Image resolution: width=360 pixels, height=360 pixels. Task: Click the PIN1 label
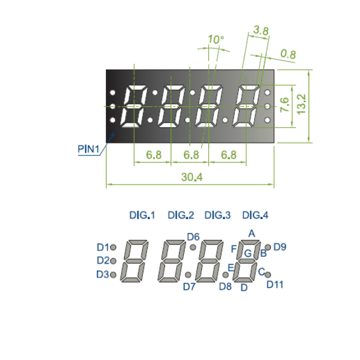coord(88,149)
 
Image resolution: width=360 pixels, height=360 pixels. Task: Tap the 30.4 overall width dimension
coord(192,177)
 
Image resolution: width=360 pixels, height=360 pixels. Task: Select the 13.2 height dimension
coord(301,104)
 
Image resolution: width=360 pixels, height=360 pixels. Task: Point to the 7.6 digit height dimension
coord(284,105)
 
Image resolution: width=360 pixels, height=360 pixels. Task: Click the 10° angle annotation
coord(215,39)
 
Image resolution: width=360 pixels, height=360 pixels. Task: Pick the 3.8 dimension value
coord(261,30)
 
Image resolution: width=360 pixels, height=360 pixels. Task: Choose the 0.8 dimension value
coord(289,54)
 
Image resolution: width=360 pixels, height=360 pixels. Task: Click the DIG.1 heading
coord(142,215)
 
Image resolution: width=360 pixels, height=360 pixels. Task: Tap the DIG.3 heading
coord(217,215)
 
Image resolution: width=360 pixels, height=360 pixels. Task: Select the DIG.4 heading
coord(255,215)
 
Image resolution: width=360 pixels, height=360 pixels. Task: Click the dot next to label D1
coord(113,247)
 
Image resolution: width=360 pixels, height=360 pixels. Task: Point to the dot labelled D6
coord(193,247)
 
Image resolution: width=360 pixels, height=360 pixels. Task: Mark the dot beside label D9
coord(268,247)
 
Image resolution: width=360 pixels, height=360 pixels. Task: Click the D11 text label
coord(275,285)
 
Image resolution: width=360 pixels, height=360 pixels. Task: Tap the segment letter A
coord(252,234)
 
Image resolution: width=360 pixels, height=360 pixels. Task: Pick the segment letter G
coord(248,254)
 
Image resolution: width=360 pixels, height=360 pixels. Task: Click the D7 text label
coord(189,287)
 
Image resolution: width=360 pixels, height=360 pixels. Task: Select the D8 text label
coord(225,287)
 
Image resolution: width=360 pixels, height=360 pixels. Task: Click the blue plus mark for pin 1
coord(113,134)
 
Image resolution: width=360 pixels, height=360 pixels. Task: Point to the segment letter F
coord(234,249)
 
